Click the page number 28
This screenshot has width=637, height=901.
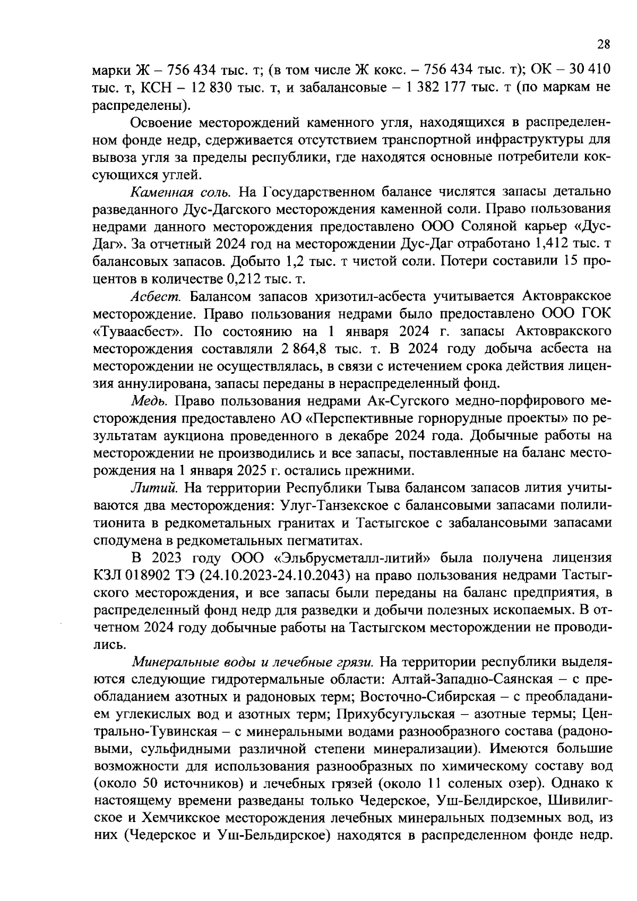(x=604, y=45)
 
